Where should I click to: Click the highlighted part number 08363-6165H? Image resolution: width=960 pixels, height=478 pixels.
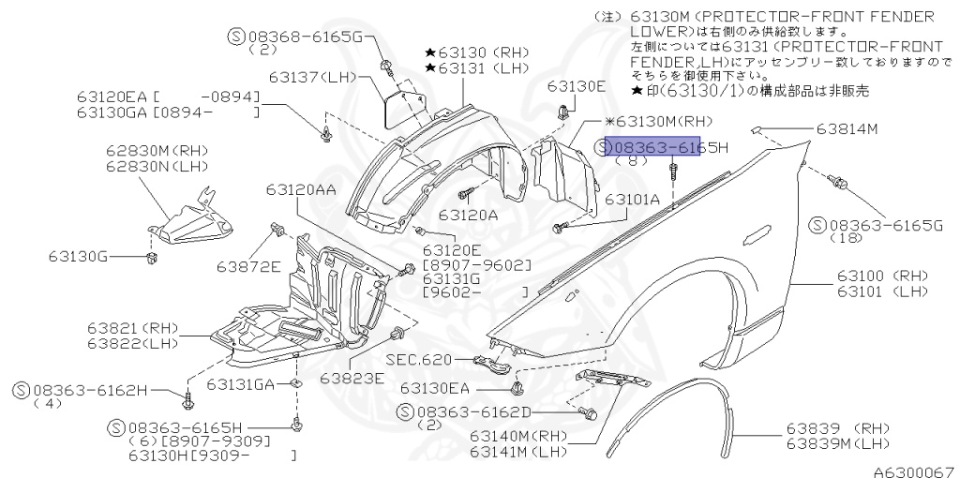tap(653, 148)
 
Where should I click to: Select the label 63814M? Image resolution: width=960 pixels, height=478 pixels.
tap(846, 128)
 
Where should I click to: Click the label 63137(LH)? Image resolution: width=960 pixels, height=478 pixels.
tap(308, 77)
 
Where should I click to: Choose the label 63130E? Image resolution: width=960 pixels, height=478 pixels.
tap(577, 86)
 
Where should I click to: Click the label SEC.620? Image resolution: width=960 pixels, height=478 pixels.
tap(418, 360)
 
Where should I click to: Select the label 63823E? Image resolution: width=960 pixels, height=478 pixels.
tap(352, 379)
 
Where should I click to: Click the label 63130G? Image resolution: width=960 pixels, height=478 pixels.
tap(83, 255)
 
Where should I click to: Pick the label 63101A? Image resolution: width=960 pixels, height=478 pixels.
tap(632, 200)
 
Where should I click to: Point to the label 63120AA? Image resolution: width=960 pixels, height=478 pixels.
tap(300, 189)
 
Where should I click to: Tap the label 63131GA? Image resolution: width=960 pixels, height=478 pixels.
tap(241, 384)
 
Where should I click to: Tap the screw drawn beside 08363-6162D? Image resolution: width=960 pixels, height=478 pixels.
tap(589, 412)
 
